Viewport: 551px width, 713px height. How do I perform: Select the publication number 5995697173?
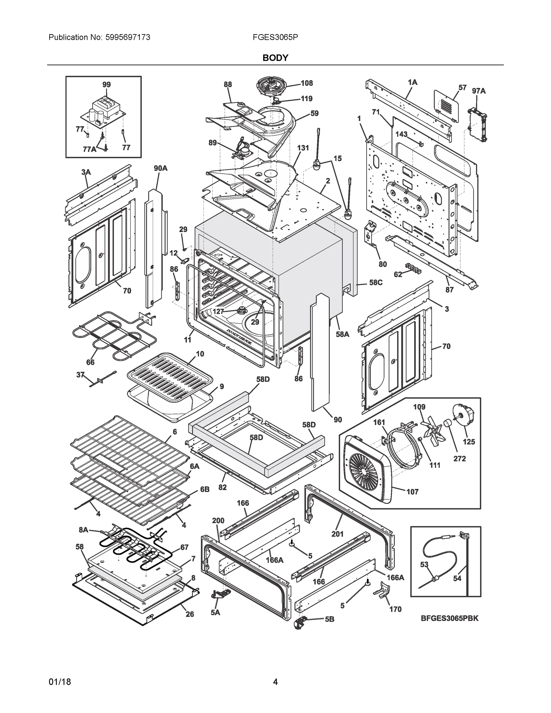pyautogui.click(x=128, y=37)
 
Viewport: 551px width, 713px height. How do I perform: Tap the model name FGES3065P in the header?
pyautogui.click(x=275, y=37)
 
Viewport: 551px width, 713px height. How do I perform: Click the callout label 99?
pyautogui.click(x=106, y=85)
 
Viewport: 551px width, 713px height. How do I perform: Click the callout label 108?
pyautogui.click(x=307, y=83)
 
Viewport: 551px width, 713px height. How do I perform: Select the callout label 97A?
pyautogui.click(x=479, y=91)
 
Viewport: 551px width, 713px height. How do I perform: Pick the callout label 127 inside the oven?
pyautogui.click(x=218, y=311)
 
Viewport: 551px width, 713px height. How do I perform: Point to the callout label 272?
pyautogui.click(x=459, y=458)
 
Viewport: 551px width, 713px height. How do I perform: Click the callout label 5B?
pyautogui.click(x=329, y=619)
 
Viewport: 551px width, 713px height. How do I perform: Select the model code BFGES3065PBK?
pyautogui.click(x=449, y=618)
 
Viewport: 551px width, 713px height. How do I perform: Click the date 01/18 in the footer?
pyautogui.click(x=60, y=682)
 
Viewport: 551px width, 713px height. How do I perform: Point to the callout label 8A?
pyautogui.click(x=83, y=530)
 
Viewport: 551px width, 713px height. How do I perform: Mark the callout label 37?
pyautogui.click(x=80, y=375)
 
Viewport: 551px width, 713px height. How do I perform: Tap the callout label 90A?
pyautogui.click(x=160, y=168)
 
